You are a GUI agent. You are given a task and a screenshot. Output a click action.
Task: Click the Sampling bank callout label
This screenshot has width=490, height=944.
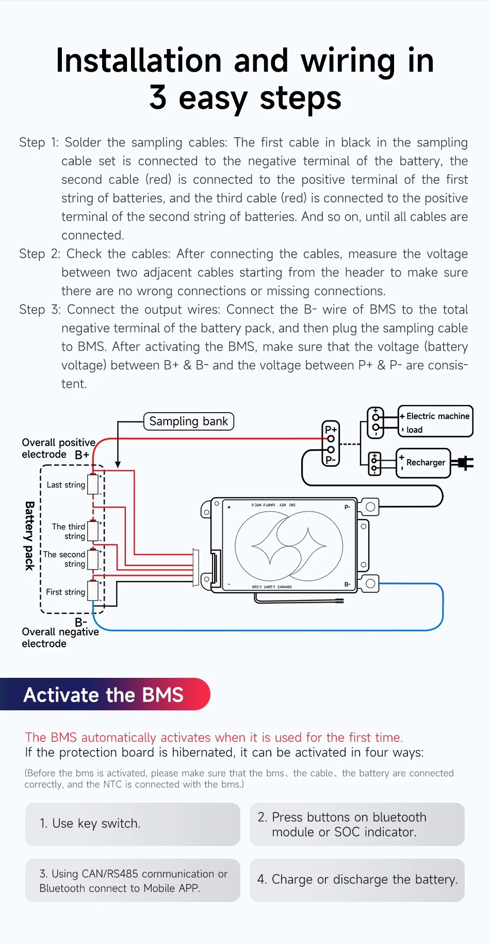point(188,421)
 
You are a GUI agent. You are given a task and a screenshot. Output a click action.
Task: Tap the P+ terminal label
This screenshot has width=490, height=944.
point(331,429)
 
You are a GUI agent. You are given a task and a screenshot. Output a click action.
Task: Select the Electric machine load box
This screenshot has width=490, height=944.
point(435,421)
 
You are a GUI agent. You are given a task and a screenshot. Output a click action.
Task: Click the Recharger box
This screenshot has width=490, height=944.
point(424,463)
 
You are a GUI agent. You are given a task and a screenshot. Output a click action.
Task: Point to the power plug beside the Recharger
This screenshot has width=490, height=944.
point(465,463)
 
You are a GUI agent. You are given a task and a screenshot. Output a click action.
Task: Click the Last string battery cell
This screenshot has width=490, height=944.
point(93,484)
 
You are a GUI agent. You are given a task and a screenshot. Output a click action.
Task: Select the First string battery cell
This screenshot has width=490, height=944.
point(93,591)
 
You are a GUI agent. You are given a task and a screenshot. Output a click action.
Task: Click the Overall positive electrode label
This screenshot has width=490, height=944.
point(58,448)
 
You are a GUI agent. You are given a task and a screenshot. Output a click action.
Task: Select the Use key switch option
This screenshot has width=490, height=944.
point(133,824)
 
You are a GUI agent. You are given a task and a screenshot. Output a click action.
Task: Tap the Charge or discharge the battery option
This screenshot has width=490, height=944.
point(357,880)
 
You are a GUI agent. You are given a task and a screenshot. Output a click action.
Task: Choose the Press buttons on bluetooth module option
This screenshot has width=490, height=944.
point(357,824)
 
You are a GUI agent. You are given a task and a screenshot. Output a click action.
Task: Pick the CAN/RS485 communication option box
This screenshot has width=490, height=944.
point(133,881)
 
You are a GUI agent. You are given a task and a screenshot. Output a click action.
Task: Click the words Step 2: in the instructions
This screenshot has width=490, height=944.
point(40,254)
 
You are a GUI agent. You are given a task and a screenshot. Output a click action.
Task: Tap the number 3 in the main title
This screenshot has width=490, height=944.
point(158,97)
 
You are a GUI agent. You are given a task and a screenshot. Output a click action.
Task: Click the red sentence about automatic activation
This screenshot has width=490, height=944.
point(214,737)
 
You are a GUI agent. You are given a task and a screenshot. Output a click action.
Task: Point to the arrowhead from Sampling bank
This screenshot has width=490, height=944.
point(118,464)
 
